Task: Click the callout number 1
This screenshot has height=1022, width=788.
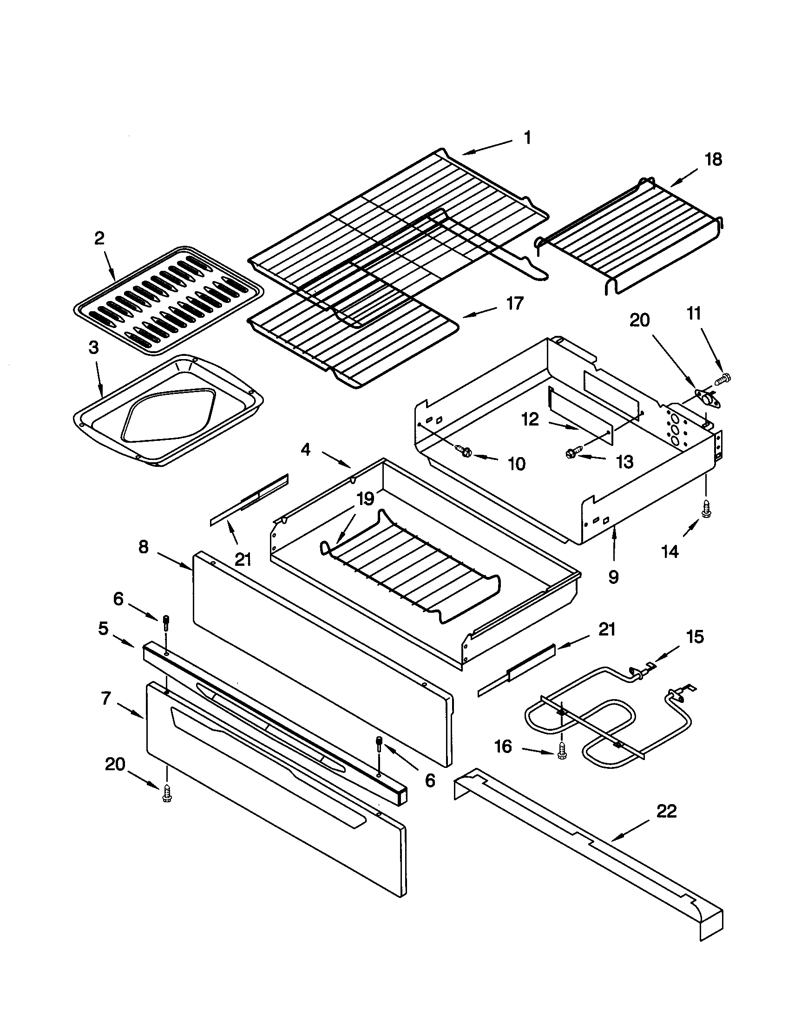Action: pyautogui.click(x=527, y=138)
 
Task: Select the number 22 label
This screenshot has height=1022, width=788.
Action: pyautogui.click(x=666, y=811)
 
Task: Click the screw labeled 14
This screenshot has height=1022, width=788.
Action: pyautogui.click(x=705, y=513)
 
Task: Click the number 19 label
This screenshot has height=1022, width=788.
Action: pyautogui.click(x=366, y=499)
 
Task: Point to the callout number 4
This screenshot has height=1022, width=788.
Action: pyautogui.click(x=305, y=450)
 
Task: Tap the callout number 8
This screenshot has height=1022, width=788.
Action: pyautogui.click(x=144, y=546)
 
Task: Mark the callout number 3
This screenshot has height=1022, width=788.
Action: pyautogui.click(x=93, y=347)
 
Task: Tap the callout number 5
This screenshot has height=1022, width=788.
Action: pyautogui.click(x=104, y=629)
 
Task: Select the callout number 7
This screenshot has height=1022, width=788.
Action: pyautogui.click(x=106, y=698)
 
